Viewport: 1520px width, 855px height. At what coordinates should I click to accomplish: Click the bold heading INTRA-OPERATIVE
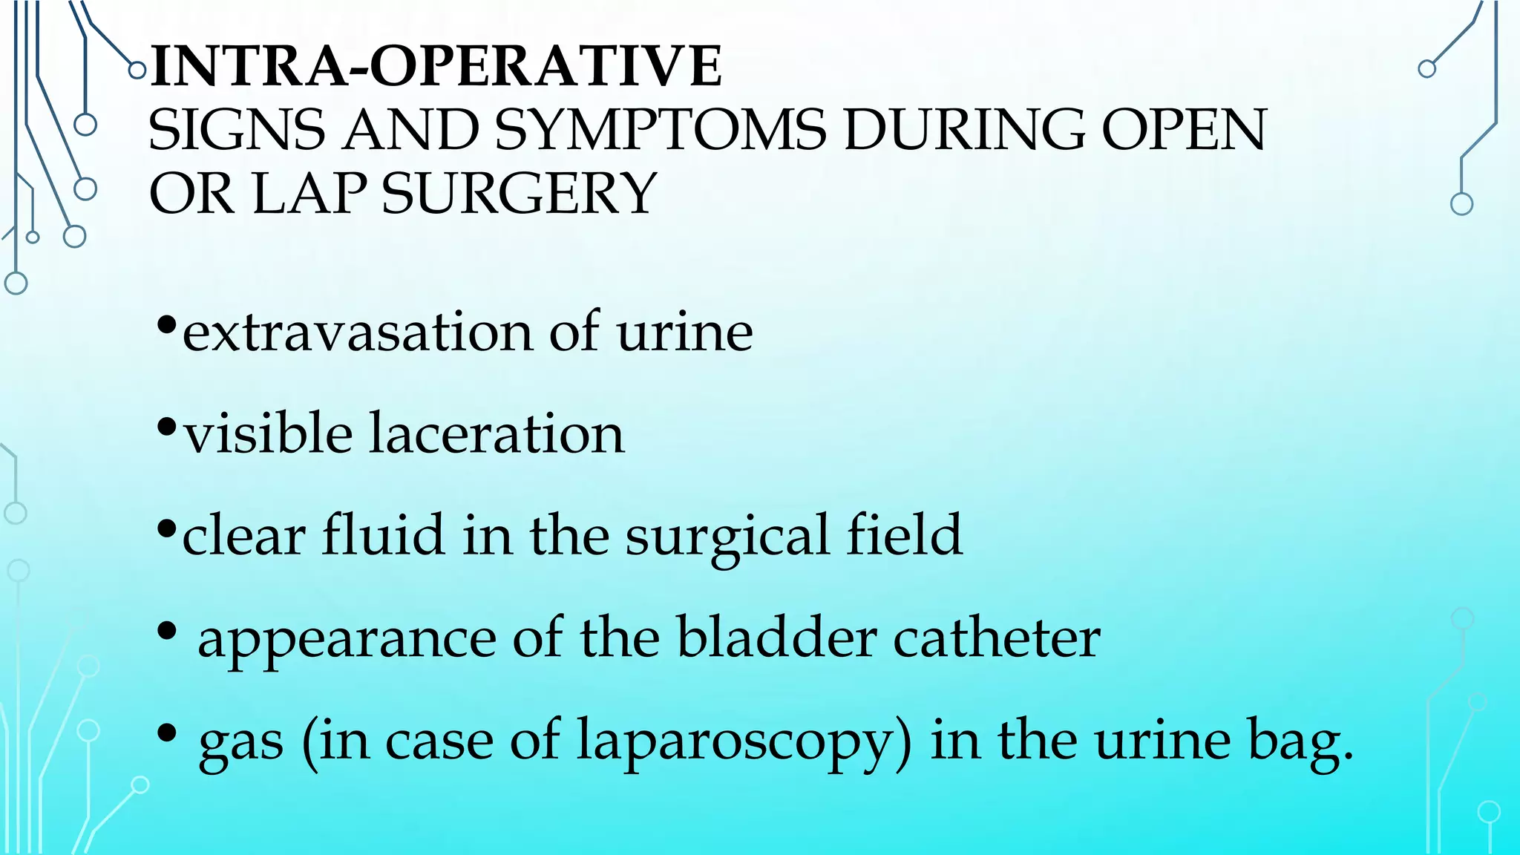(436, 67)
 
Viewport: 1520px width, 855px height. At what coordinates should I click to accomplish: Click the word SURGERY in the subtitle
(519, 194)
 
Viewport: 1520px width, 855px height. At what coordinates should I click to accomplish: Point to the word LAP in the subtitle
(309, 194)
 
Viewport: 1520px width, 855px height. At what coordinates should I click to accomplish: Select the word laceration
(497, 433)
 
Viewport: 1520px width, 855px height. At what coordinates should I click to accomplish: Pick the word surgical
(727, 536)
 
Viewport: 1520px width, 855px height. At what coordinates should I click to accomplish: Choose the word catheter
(997, 638)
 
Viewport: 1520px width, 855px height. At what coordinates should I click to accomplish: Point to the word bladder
(777, 638)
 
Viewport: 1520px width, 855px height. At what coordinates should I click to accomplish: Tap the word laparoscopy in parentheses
(744, 741)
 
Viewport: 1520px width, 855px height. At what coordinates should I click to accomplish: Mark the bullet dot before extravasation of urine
(167, 325)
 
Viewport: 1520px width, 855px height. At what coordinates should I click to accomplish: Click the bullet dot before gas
(167, 733)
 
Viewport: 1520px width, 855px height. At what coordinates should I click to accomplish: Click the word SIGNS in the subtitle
(237, 131)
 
